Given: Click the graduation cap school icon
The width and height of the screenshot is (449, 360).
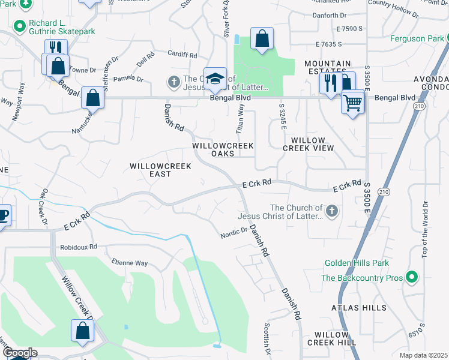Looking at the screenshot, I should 215,79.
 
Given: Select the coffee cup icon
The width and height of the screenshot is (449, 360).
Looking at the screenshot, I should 2,215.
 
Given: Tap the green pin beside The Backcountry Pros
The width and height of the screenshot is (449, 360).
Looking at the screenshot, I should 411,277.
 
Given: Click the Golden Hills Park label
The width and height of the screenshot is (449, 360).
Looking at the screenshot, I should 357,263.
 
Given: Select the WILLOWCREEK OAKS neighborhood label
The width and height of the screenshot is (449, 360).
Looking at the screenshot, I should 223,149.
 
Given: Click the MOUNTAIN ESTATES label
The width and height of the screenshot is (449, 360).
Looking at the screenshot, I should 327,68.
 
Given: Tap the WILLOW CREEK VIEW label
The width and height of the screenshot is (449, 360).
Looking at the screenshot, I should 308,143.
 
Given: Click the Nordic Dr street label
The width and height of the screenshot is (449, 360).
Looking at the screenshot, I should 234,231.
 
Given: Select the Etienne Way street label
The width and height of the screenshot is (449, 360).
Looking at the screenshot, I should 129,263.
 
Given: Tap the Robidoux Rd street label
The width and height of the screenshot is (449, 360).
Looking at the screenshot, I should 78,247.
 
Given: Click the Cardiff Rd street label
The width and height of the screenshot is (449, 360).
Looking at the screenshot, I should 182,55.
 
